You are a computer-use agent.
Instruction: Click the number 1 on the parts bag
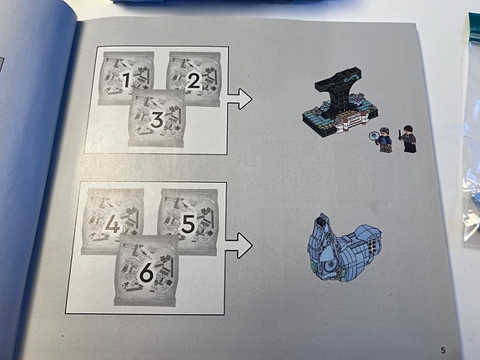click(126, 80)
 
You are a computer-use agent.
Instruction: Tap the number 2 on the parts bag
click(193, 81)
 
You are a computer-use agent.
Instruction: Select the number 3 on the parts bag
click(156, 121)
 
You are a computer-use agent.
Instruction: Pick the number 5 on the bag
click(188, 225)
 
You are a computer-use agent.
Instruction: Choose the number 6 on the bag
click(147, 271)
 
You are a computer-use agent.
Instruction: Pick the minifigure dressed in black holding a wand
click(409, 139)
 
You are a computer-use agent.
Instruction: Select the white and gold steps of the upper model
click(351, 130)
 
